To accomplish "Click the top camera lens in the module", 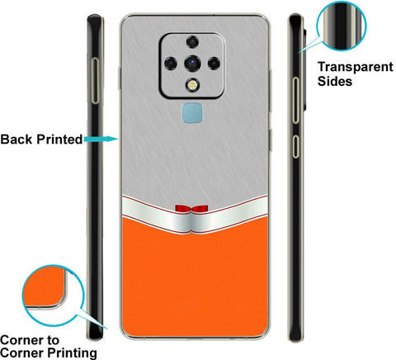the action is click(192, 42).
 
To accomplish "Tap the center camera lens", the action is click(192, 63).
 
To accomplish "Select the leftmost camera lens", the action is click(171, 64).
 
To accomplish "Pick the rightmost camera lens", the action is click(214, 64).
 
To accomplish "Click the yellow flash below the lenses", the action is click(192, 85).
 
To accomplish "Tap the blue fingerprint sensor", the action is click(192, 113).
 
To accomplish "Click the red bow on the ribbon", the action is click(191, 209).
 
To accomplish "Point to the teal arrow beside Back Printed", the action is click(101, 139).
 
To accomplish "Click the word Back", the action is click(16, 140).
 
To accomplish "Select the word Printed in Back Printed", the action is click(59, 140).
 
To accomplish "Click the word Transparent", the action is click(356, 67).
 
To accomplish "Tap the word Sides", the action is click(335, 82).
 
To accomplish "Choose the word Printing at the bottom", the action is click(73, 353).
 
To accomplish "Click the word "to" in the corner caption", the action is click(53, 340).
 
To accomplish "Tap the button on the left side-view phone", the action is click(95, 81).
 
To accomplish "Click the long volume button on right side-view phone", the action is click(295, 100).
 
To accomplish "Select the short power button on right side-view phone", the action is click(295, 146).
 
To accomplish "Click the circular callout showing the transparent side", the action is click(342, 26).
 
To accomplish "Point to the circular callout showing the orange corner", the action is click(53, 296).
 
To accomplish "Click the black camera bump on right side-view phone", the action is click(304, 69).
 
